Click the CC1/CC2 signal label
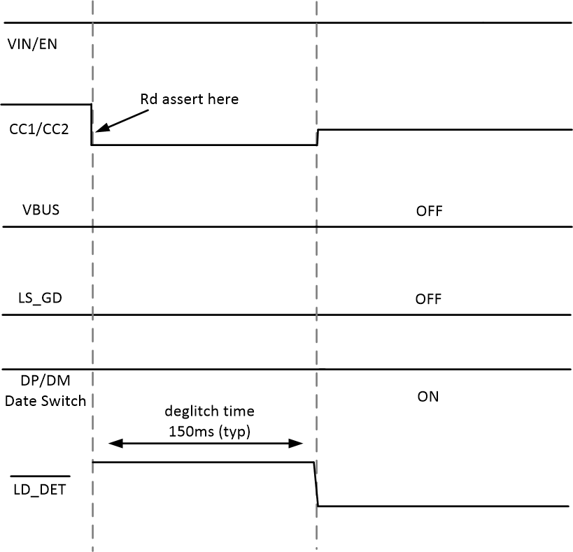point(38,129)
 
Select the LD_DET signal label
point(40,490)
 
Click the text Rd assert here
point(190,99)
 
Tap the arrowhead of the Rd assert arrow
point(97,129)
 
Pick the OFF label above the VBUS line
point(429,211)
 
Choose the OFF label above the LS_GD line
point(428,299)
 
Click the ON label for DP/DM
point(427,396)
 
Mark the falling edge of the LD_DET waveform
point(316,484)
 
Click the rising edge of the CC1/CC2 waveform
point(317,137)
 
